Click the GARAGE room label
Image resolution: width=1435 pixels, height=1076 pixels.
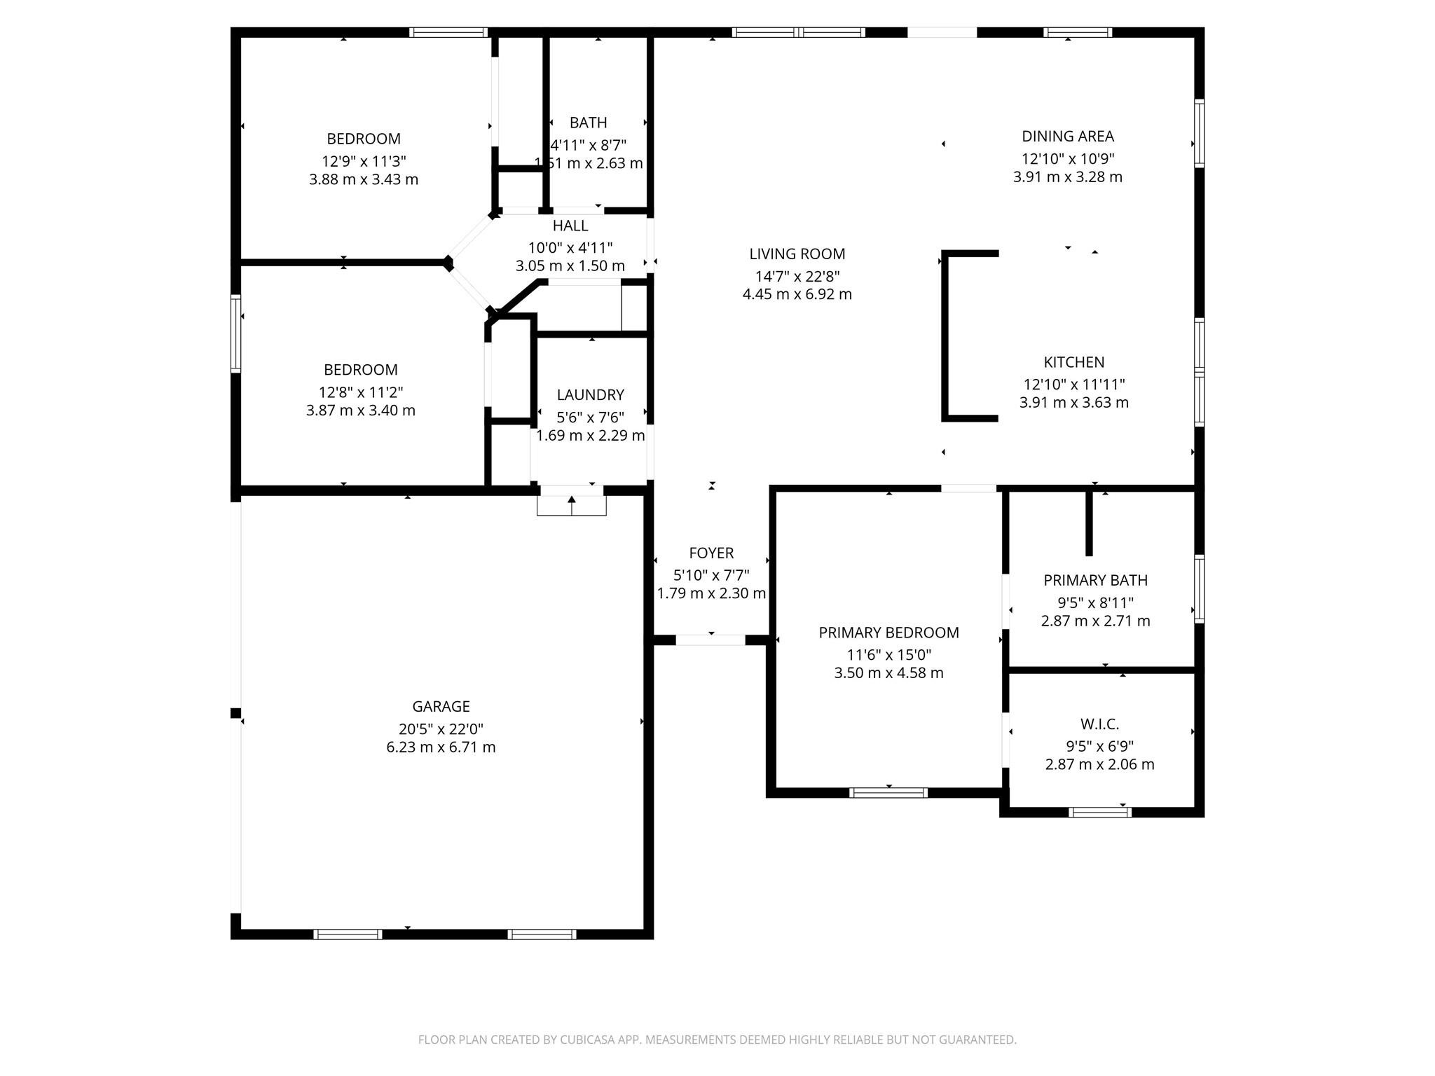click(441, 706)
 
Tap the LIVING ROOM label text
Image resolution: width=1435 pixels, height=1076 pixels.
click(797, 254)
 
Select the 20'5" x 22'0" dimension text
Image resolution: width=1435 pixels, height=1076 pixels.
click(441, 729)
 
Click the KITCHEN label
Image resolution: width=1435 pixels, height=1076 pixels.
click(1073, 362)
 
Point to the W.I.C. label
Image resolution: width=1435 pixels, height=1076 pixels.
click(1099, 724)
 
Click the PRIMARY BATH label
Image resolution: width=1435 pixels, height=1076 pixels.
click(1095, 580)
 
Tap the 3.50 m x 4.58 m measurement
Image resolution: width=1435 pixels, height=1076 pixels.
click(888, 673)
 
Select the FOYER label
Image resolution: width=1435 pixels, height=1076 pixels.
click(711, 553)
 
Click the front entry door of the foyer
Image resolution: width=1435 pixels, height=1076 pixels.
click(710, 640)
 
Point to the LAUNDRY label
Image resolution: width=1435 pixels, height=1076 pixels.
click(590, 394)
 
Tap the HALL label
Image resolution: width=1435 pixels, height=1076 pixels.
click(570, 226)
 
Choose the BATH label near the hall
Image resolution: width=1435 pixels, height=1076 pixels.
click(588, 123)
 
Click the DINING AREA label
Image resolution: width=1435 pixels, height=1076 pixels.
click(1067, 136)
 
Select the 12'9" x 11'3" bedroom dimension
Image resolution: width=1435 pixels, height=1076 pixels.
click(364, 160)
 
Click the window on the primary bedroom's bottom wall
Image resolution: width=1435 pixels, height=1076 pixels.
click(888, 792)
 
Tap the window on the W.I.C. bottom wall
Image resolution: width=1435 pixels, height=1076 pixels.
click(1099, 812)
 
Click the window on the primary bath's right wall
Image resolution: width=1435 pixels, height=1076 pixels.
click(1199, 588)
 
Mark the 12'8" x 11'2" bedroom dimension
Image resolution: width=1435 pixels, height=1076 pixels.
click(361, 392)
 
